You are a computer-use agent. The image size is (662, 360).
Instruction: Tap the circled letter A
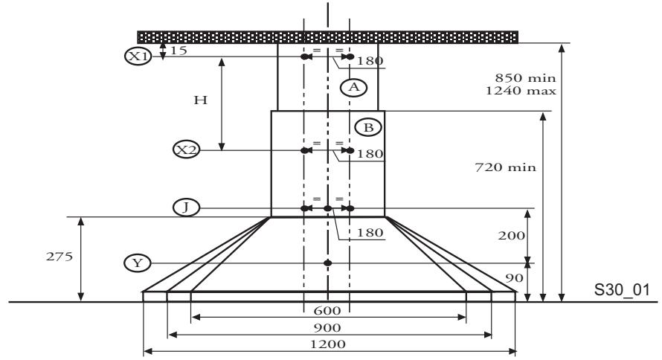click(x=354, y=87)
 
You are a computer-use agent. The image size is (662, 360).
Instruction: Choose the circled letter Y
click(x=138, y=263)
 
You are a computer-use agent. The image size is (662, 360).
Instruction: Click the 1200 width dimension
click(x=327, y=344)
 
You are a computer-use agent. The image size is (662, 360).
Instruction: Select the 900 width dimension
click(x=327, y=328)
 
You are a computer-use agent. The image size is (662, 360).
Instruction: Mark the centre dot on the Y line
click(x=327, y=263)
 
